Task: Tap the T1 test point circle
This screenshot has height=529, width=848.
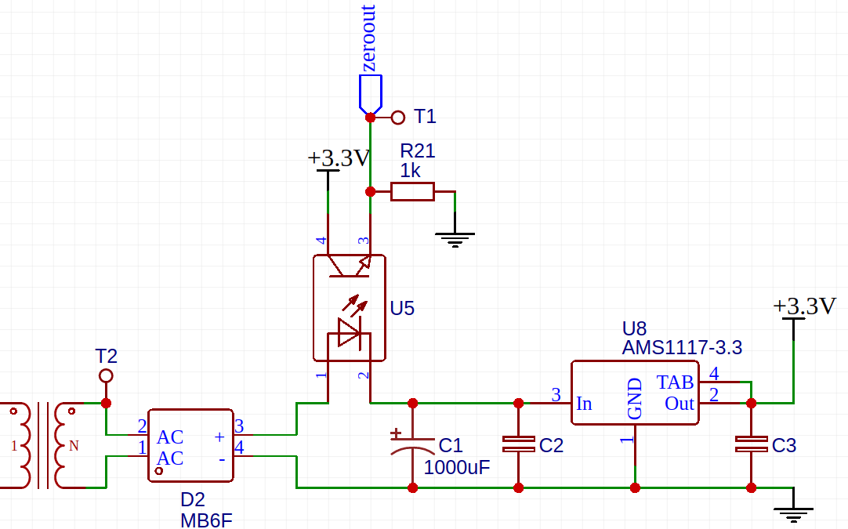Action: (x=398, y=118)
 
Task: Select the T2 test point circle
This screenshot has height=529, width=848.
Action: (x=106, y=376)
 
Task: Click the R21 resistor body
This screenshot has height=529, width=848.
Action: (x=412, y=191)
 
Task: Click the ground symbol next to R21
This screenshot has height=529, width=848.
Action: (x=455, y=237)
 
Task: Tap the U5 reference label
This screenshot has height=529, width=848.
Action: (x=402, y=308)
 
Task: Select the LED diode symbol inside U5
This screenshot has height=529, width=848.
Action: (x=349, y=334)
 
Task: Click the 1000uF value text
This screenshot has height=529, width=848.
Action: (x=456, y=469)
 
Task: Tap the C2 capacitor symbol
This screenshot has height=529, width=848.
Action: (x=518, y=444)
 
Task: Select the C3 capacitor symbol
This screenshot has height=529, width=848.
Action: (x=751, y=444)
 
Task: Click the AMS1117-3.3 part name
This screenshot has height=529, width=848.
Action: (x=682, y=347)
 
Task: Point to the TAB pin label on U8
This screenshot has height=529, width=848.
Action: (x=675, y=382)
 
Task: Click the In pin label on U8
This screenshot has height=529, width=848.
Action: (x=584, y=404)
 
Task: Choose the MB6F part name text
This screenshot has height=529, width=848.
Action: (x=206, y=520)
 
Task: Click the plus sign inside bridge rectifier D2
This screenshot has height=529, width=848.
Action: (x=219, y=437)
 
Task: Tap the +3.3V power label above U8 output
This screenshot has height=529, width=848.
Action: (x=805, y=306)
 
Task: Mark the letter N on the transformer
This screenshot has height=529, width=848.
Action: (x=74, y=446)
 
